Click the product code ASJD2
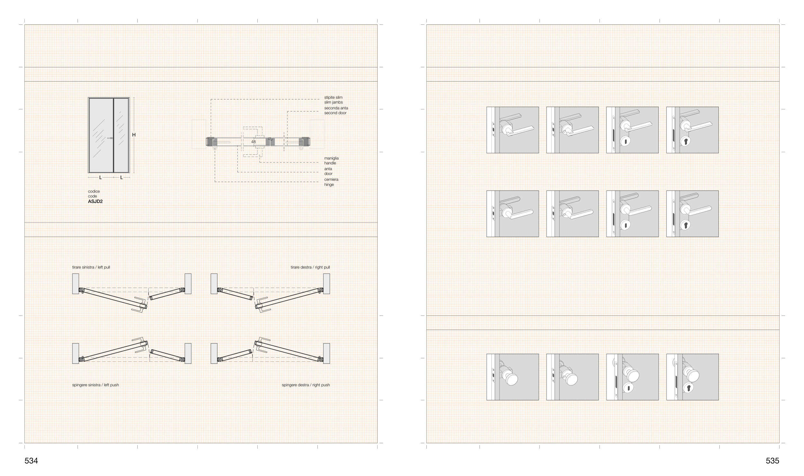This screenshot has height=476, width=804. click(95, 202)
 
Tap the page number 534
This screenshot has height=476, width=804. click(31, 461)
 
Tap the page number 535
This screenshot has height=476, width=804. click(772, 461)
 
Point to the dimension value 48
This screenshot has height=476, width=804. click(253, 142)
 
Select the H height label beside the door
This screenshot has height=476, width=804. click(134, 135)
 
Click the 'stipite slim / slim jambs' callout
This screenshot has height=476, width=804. click(333, 100)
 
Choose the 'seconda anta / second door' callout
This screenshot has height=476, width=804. click(336, 111)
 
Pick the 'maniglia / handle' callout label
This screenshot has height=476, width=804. click(331, 160)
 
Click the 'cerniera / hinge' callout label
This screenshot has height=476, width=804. click(331, 182)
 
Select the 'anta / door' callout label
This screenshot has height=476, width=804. click(328, 171)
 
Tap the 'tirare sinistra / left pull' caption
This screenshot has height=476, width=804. click(91, 267)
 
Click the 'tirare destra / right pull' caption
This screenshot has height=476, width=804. click(310, 267)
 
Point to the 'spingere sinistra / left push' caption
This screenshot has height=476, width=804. click(96, 385)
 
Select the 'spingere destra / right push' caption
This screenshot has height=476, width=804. click(306, 385)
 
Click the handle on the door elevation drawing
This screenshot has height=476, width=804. click(110, 138)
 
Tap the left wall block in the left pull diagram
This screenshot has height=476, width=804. click(76, 284)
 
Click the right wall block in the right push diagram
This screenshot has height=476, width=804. click(326, 353)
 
